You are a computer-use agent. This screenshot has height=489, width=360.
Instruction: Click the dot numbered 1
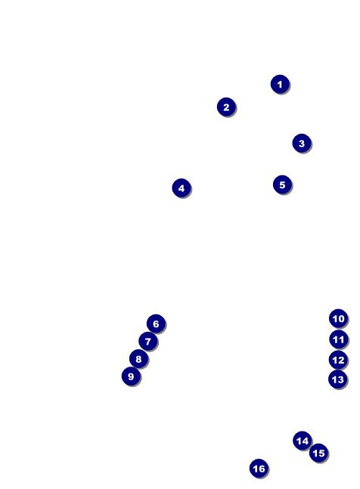pyautogui.click(x=280, y=84)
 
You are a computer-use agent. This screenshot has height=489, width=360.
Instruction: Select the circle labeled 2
pyautogui.click(x=226, y=107)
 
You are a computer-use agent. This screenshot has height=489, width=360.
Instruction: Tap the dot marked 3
pyautogui.click(x=302, y=143)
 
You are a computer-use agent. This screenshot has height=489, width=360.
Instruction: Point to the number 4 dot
pyautogui.click(x=182, y=188)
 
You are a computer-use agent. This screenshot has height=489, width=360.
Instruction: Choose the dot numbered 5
pyautogui.click(x=282, y=184)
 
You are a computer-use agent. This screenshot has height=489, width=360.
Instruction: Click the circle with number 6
pyautogui.click(x=156, y=323)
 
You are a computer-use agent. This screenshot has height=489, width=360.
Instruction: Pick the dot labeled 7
pyautogui.click(x=148, y=341)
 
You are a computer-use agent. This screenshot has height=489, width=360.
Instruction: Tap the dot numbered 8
pyautogui.click(x=138, y=359)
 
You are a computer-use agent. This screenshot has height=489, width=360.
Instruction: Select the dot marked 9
pyautogui.click(x=131, y=376)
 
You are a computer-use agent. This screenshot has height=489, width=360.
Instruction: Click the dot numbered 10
pyautogui.click(x=339, y=318)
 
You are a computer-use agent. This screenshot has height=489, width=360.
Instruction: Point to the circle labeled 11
pyautogui.click(x=339, y=339)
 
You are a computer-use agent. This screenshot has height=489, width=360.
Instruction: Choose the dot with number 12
pyautogui.click(x=338, y=360)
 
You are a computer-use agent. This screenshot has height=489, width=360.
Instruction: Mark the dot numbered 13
pyautogui.click(x=338, y=379)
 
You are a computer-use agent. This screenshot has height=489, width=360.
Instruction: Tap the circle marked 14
pyautogui.click(x=303, y=441)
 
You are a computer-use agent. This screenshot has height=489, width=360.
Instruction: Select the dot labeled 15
pyautogui.click(x=318, y=453)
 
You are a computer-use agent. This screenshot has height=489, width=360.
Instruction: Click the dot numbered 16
pyautogui.click(x=259, y=468)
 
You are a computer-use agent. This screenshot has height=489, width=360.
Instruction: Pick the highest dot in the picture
pyautogui.click(x=280, y=84)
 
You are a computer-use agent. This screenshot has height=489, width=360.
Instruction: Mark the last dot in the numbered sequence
pyautogui.click(x=259, y=468)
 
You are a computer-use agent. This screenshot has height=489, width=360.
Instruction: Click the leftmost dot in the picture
pyautogui.click(x=131, y=376)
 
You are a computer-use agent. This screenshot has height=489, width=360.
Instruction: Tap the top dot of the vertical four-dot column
pyautogui.click(x=339, y=318)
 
